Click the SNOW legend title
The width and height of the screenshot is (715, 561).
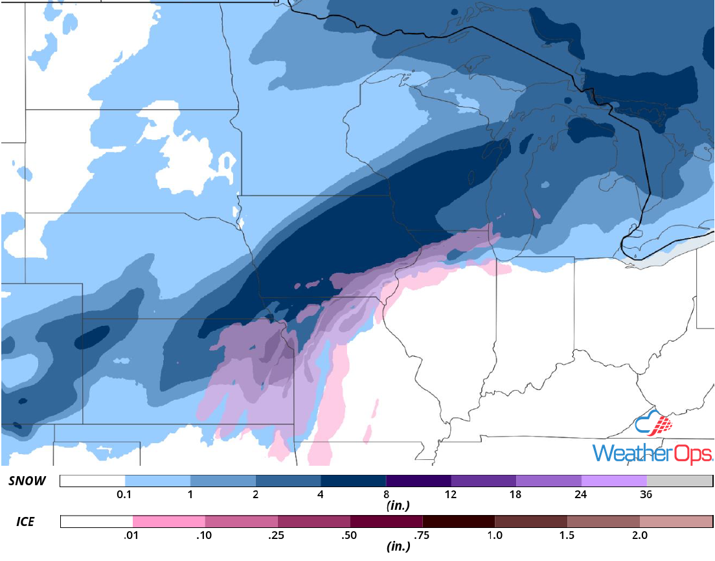(x=27, y=481)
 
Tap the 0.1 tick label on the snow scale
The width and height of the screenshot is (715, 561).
(x=125, y=495)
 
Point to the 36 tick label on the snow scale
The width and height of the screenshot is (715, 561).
(x=646, y=495)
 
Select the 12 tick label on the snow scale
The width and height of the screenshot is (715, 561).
(x=451, y=495)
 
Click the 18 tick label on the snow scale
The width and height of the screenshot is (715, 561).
(x=516, y=495)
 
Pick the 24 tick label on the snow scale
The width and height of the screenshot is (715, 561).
(x=581, y=495)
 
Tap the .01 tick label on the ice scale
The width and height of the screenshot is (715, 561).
(x=133, y=536)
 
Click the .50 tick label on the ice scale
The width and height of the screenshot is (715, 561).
(x=350, y=536)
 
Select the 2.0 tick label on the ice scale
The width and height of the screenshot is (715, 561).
(x=639, y=536)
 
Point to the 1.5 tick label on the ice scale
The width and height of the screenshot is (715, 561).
(x=567, y=536)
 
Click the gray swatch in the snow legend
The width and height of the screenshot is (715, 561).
(x=679, y=481)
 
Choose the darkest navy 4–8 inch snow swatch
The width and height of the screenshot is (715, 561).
(x=353, y=481)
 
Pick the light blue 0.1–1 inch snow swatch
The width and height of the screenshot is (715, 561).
(x=157, y=481)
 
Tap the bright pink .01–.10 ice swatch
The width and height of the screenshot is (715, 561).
(x=168, y=521)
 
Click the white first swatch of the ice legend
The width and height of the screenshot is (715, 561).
(x=96, y=521)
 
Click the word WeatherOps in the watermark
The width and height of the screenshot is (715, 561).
(x=653, y=453)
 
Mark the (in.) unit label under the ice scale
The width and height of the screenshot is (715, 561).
(x=396, y=546)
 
